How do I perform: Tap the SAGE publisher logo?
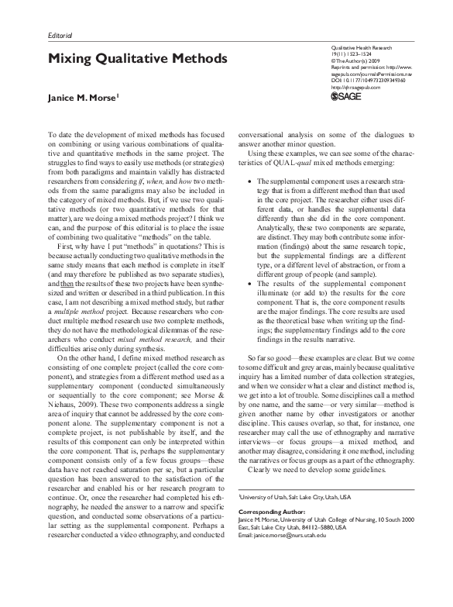click(x=350, y=98)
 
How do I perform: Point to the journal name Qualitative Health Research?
click(x=362, y=48)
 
